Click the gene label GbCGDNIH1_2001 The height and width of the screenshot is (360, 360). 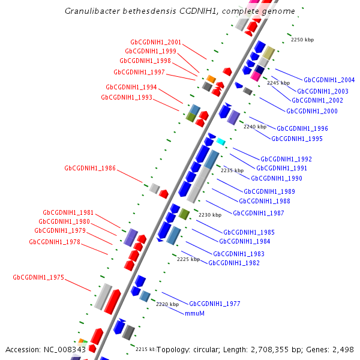point(155,43)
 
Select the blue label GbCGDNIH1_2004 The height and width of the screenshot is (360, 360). point(329,80)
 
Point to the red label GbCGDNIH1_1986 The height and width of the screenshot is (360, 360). point(90,169)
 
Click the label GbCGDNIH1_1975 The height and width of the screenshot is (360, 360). point(38,278)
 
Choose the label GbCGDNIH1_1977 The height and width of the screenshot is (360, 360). point(214,304)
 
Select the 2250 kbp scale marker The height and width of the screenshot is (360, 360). point(302,40)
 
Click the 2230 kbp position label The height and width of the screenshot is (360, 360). point(210,215)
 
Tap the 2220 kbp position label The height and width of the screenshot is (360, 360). point(167,304)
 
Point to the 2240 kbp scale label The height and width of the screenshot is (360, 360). point(254,127)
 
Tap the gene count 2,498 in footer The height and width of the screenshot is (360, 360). point(342,349)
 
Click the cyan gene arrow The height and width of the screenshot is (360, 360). point(221,142)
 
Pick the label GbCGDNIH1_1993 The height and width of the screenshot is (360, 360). point(126,97)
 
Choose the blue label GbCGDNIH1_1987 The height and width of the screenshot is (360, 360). point(258,213)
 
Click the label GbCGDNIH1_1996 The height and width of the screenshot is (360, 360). point(302,129)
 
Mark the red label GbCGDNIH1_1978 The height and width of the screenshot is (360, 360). point(55,242)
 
